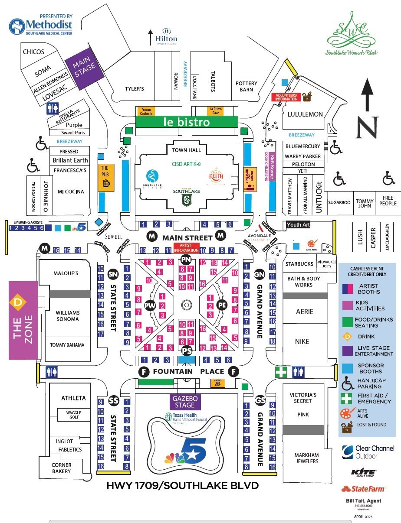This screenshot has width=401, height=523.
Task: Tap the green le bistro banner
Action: point(187,122)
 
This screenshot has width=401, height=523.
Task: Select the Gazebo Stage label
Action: point(185,402)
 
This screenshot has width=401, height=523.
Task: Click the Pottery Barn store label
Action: point(247,86)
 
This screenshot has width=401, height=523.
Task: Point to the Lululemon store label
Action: point(305,114)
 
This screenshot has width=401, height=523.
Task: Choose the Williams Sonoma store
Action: point(67,315)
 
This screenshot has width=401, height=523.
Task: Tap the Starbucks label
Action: point(299,264)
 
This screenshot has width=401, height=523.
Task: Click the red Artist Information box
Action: point(186,248)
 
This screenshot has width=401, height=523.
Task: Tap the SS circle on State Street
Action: point(113,400)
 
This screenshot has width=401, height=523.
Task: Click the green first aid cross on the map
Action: point(281,372)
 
